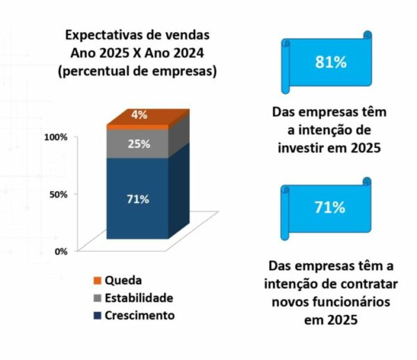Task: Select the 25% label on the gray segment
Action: point(138,145)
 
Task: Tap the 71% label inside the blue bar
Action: point(138,199)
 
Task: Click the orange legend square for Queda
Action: point(97,281)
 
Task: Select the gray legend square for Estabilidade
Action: point(97,298)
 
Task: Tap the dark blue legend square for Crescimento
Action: point(97,316)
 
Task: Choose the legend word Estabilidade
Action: point(139,298)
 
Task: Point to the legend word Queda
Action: point(124,281)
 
